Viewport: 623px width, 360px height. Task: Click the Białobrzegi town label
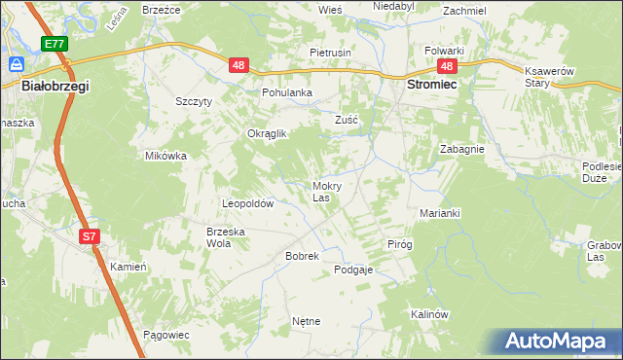(55, 87)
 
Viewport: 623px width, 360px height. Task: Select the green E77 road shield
(55, 44)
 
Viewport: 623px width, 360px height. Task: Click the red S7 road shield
(89, 236)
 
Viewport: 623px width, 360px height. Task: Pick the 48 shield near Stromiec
(447, 66)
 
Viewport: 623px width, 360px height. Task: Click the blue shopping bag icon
(17, 63)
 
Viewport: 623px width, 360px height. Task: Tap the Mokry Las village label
(325, 192)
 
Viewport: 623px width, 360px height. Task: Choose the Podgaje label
(353, 270)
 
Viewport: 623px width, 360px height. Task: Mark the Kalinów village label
(428, 314)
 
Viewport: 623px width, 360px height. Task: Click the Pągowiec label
(165, 335)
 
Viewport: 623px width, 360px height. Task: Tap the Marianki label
(439, 213)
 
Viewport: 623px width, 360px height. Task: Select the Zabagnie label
(462, 150)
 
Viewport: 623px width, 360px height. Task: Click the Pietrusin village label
(330, 52)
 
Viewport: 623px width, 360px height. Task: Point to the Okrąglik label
(267, 134)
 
